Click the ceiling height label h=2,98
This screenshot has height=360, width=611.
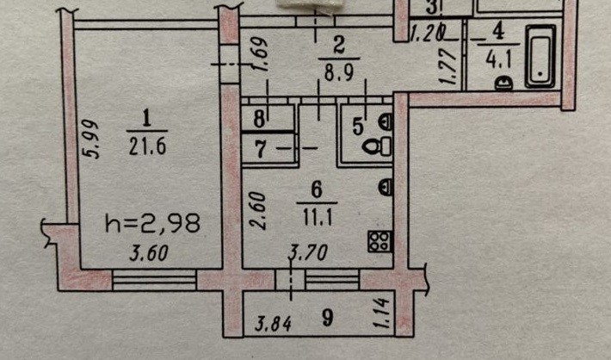click(153, 223)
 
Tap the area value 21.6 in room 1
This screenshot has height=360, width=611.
click(148, 147)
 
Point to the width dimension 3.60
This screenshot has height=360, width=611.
click(149, 252)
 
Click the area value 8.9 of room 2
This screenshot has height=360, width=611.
click(339, 71)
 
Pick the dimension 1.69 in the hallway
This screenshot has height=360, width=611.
click(260, 54)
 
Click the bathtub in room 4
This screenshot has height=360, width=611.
click(540, 56)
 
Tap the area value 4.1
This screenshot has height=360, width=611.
click(498, 59)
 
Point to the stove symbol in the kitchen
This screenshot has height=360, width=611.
click(380, 241)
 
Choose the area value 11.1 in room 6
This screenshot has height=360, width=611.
click(318, 217)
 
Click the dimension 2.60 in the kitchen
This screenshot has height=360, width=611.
click(258, 211)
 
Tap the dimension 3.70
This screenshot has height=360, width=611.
click(308, 252)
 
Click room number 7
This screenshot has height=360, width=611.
click(262, 149)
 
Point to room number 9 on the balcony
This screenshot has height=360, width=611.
click(328, 318)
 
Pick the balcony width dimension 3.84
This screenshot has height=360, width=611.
click(274, 323)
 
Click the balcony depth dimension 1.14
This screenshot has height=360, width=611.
click(383, 313)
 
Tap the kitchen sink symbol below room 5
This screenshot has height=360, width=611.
click(386, 186)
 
